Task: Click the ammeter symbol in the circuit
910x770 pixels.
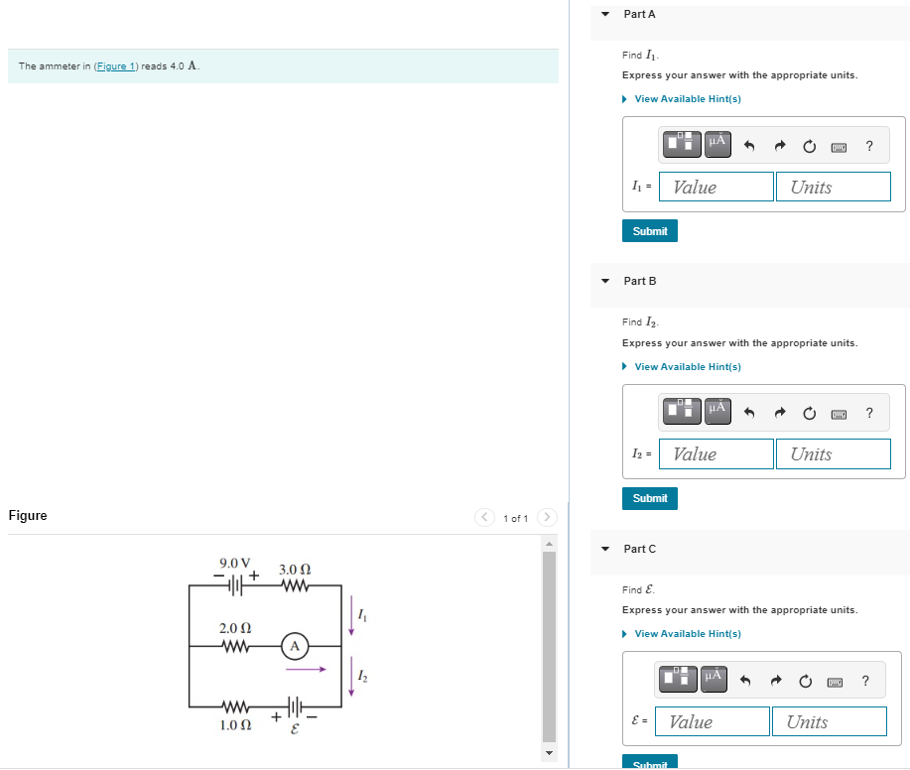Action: point(294,647)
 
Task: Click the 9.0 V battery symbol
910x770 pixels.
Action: point(234,586)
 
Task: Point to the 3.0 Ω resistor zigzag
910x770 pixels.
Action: point(295,586)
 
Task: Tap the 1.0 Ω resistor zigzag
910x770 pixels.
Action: point(234,706)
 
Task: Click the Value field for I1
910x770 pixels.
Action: point(716,187)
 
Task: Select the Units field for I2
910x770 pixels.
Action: point(833,453)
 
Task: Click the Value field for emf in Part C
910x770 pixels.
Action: point(715,721)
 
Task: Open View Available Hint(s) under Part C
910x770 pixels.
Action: point(687,634)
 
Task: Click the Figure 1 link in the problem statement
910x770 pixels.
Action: point(116,66)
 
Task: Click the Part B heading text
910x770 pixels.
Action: point(640,281)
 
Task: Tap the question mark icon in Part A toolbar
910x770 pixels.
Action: point(869,147)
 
